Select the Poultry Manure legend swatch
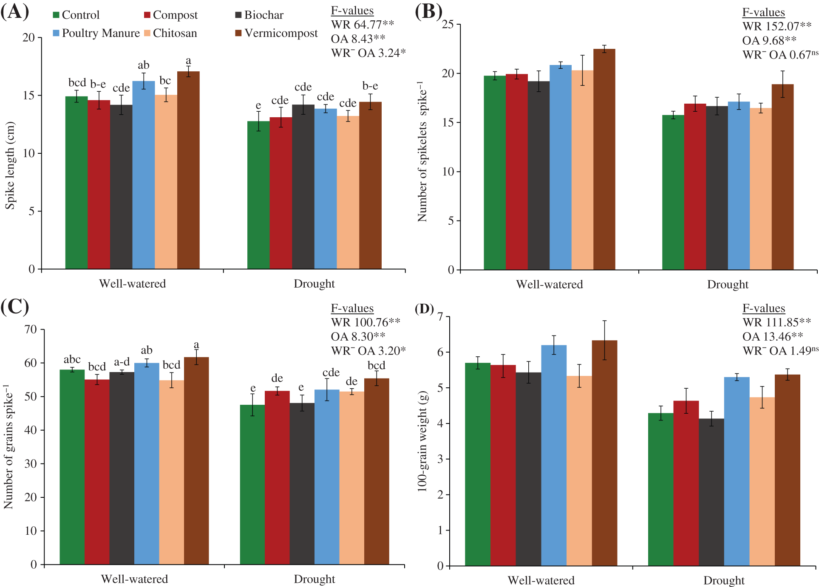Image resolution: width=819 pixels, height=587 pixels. point(56,33)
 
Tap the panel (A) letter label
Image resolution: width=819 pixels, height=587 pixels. point(14,12)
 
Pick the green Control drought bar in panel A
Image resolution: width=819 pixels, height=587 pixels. point(258,195)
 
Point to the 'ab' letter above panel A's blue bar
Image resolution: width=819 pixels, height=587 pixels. point(144,65)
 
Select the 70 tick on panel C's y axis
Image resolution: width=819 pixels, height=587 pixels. point(31,330)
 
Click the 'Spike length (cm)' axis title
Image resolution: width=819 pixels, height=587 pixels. point(10,166)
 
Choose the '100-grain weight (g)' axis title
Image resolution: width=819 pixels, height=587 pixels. point(422,442)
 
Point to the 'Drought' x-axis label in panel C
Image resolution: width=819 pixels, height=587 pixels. point(314,579)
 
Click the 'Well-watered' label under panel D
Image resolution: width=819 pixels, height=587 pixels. point(541,580)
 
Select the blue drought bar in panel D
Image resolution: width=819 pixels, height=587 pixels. point(737,471)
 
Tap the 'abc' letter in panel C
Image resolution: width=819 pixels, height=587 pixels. point(72,360)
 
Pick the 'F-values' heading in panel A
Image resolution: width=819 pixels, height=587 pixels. point(352,11)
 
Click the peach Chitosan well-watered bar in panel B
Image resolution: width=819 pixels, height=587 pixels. point(582,170)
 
